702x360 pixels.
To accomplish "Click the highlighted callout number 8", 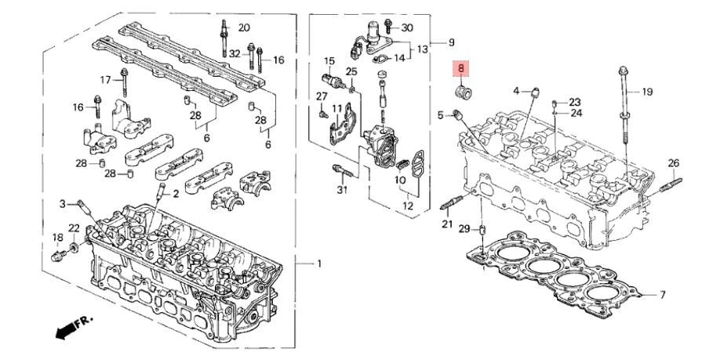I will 462,70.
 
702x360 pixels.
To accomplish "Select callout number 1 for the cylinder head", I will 318,263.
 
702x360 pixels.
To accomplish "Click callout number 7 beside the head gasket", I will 662,295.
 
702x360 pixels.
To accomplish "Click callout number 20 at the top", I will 244,27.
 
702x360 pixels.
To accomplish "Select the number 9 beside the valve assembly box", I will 450,42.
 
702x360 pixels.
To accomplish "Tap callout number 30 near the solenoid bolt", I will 406,27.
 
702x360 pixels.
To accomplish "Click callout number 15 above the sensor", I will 329,60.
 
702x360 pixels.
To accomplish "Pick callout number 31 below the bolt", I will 341,190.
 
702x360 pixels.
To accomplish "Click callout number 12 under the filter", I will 406,206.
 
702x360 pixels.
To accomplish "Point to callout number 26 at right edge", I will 673,162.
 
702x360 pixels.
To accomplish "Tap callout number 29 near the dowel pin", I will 464,228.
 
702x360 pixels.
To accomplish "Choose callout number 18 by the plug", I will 57,238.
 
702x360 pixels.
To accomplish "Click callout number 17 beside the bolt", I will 105,79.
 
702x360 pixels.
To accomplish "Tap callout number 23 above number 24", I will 575,102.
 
